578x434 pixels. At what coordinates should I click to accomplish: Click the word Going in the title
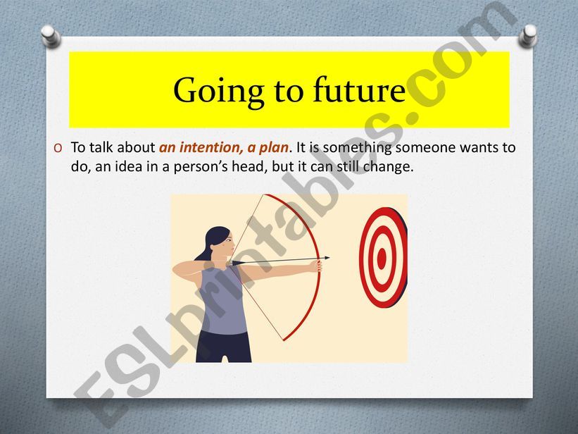[x=219, y=92]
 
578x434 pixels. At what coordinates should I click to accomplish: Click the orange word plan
[x=273, y=148]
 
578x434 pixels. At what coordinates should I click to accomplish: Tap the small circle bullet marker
[x=58, y=148]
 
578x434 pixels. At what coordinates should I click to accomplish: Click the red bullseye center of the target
[x=382, y=259]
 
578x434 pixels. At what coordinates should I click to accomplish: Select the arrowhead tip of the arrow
[x=329, y=258]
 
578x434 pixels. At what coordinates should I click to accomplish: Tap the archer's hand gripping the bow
[x=317, y=265]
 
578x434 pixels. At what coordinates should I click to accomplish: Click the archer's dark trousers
[x=223, y=346]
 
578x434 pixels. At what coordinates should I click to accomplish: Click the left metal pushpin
[x=50, y=36]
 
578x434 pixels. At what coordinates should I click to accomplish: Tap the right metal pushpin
[x=528, y=36]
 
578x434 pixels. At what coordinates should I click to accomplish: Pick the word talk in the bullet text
[x=101, y=147]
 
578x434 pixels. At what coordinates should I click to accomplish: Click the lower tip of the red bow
[x=284, y=340]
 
